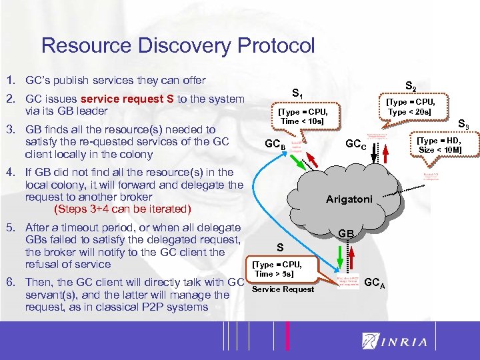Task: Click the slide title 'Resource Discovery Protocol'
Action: point(177,45)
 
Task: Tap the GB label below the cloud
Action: point(345,233)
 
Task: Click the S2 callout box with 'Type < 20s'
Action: point(411,107)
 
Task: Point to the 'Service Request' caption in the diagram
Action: point(283,289)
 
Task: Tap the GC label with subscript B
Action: point(275,145)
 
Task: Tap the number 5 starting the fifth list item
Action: point(11,227)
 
